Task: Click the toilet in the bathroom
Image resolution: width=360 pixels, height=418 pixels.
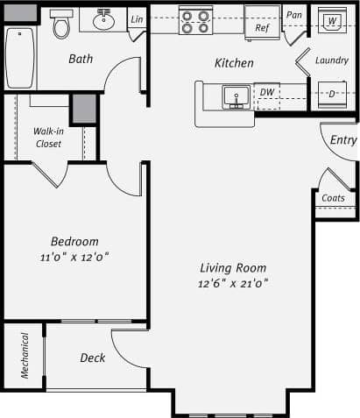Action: coord(61,25)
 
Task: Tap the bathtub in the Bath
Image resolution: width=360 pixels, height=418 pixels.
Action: coord(20,57)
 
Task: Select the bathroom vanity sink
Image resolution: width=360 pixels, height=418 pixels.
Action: coord(104,18)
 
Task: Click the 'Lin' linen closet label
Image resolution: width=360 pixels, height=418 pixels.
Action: coord(137,19)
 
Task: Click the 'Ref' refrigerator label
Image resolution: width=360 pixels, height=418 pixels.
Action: coord(262,28)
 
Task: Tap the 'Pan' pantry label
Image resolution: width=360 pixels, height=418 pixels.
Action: coord(294,16)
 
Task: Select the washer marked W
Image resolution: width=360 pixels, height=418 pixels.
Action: coord(331,20)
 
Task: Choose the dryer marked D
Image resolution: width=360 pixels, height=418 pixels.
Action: coord(332,93)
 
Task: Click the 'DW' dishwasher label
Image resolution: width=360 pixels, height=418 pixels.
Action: coord(266,92)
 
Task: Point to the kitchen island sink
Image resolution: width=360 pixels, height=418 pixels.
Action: coord(234,95)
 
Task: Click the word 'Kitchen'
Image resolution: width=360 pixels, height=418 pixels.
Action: coord(234,63)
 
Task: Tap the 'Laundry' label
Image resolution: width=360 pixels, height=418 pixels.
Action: coord(332,60)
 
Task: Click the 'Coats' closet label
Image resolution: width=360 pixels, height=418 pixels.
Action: coord(333,198)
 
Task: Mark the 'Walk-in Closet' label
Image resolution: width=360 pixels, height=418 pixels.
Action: coord(48,137)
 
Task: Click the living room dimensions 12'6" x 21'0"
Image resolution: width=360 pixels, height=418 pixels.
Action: coord(232,283)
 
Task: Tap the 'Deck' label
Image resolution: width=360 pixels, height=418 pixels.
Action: coord(93,358)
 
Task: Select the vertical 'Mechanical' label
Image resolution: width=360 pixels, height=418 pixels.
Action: coord(25,357)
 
